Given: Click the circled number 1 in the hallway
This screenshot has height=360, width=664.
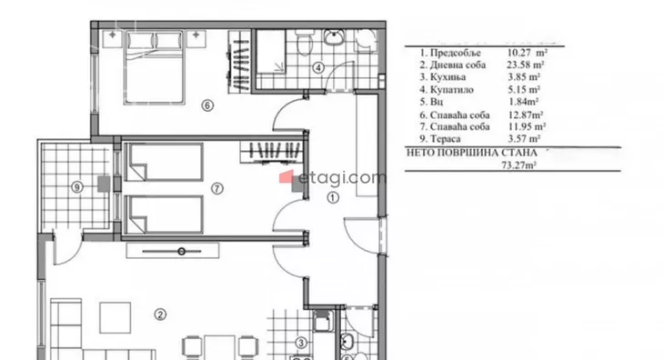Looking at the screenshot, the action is pyautogui.click(x=333, y=197).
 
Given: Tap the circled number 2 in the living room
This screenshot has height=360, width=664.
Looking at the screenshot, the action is pyautogui.click(x=160, y=315).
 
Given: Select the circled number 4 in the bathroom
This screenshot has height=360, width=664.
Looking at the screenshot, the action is pyautogui.click(x=318, y=67).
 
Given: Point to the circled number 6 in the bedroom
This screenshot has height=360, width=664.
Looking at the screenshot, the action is pyautogui.click(x=207, y=105).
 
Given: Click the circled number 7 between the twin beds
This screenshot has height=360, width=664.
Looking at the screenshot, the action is pyautogui.click(x=216, y=188).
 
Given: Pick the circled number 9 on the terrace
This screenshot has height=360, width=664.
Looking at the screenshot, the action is pyautogui.click(x=77, y=186).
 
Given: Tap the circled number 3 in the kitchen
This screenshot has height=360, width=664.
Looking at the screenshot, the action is pyautogui.click(x=301, y=343).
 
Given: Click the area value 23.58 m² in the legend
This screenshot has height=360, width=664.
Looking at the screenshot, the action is pyautogui.click(x=526, y=65).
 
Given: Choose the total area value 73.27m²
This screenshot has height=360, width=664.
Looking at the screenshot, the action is pyautogui.click(x=518, y=165).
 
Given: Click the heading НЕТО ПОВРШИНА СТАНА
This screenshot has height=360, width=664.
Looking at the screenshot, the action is pyautogui.click(x=472, y=153).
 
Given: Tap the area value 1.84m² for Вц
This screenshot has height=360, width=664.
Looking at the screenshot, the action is pyautogui.click(x=523, y=102).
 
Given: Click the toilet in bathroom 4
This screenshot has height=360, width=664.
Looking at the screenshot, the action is pyautogui.click(x=303, y=43).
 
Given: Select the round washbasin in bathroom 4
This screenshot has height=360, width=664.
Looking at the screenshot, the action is pyautogui.click(x=335, y=37).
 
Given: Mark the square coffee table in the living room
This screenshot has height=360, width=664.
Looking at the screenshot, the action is pyautogui.click(x=116, y=317).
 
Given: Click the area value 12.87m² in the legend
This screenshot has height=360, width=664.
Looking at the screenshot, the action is pyautogui.click(x=526, y=115).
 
